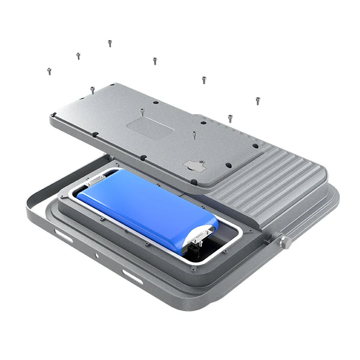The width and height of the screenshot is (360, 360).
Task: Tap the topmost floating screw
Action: [110, 43]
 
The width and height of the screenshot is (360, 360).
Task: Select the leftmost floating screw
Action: [49, 71]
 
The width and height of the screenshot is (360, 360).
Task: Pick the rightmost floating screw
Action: [258, 100]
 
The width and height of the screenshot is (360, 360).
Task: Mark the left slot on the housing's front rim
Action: [63, 236]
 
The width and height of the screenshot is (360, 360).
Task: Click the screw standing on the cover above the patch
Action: [142, 112]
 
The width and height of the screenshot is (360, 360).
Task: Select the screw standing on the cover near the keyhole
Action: [194, 135]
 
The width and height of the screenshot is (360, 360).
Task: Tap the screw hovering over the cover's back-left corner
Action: [93, 89]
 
